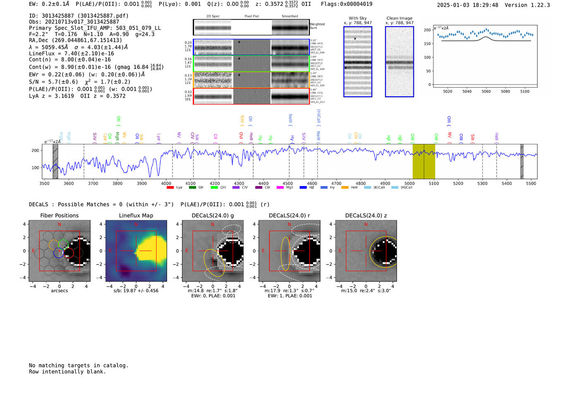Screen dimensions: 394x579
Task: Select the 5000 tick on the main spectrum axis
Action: click(x=409, y=183)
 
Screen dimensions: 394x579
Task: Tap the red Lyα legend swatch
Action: click(x=170, y=188)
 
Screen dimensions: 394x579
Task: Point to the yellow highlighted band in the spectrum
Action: click(x=424, y=161)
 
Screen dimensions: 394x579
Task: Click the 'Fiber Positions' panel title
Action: click(x=59, y=215)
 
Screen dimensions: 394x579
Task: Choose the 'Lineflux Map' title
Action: click(x=136, y=215)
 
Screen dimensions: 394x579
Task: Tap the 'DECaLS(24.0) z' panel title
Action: click(x=366, y=215)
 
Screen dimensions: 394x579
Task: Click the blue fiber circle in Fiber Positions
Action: click(x=59, y=253)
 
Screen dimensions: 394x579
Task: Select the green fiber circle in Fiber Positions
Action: click(x=63, y=244)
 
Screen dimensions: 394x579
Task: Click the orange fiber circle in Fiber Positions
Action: click(x=54, y=244)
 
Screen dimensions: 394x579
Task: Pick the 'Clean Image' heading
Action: click(x=399, y=18)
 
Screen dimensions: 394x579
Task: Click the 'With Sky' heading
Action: click(x=357, y=18)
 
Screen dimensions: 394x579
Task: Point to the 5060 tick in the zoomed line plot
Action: click(x=486, y=91)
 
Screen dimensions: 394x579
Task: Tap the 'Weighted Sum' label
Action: click(x=317, y=26)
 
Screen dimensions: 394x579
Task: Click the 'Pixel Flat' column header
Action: click(x=251, y=16)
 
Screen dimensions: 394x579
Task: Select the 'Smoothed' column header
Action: click(x=289, y=16)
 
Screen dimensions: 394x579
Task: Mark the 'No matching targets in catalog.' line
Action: click(x=79, y=365)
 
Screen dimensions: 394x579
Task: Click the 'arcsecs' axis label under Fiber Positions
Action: click(x=59, y=291)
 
